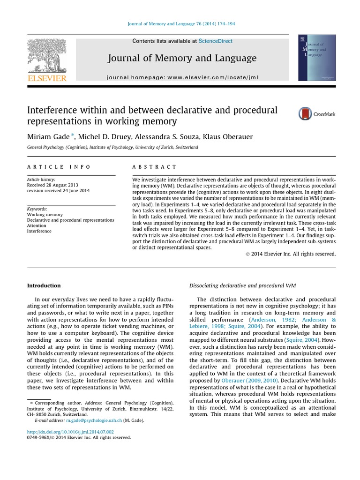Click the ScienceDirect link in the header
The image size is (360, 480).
tap(215, 41)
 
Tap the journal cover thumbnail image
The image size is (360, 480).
tap(317, 58)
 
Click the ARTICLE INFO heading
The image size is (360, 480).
tap(59, 167)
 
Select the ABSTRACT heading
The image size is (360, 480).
tap(155, 167)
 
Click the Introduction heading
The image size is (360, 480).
tap(44, 285)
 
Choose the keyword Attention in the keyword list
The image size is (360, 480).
tap(37, 225)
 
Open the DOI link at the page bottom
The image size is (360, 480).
tap(70, 432)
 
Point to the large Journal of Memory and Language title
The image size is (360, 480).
tap(182, 58)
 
